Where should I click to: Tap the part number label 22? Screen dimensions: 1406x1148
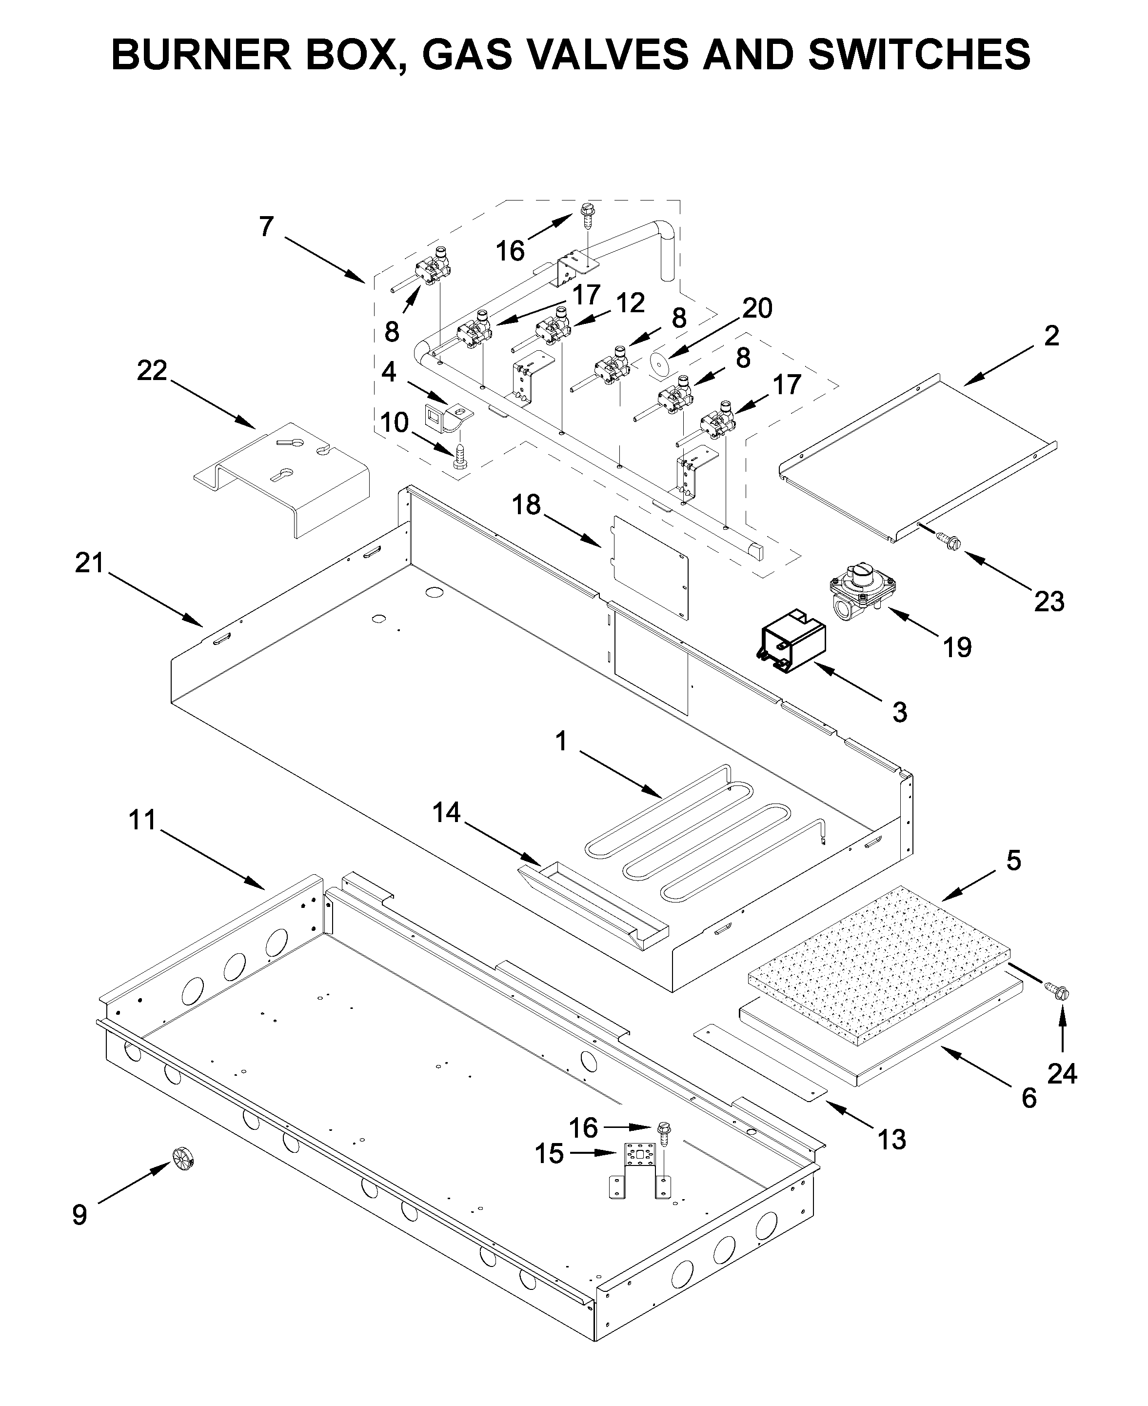pos(152,370)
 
